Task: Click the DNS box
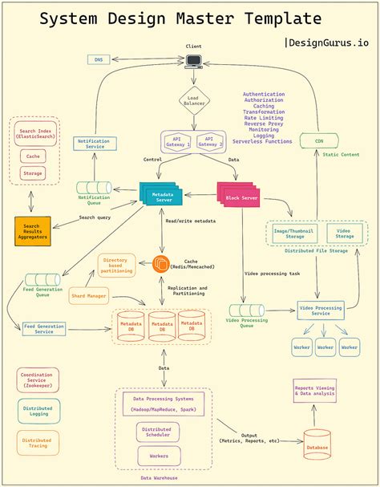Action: click(x=99, y=59)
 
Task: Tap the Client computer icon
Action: click(x=194, y=61)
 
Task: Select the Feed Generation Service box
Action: click(x=55, y=329)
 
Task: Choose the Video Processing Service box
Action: click(x=321, y=310)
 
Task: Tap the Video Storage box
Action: click(x=343, y=233)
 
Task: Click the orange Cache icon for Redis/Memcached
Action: click(x=161, y=263)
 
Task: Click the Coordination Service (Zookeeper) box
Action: click(x=38, y=379)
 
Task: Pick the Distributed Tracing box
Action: click(x=38, y=444)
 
